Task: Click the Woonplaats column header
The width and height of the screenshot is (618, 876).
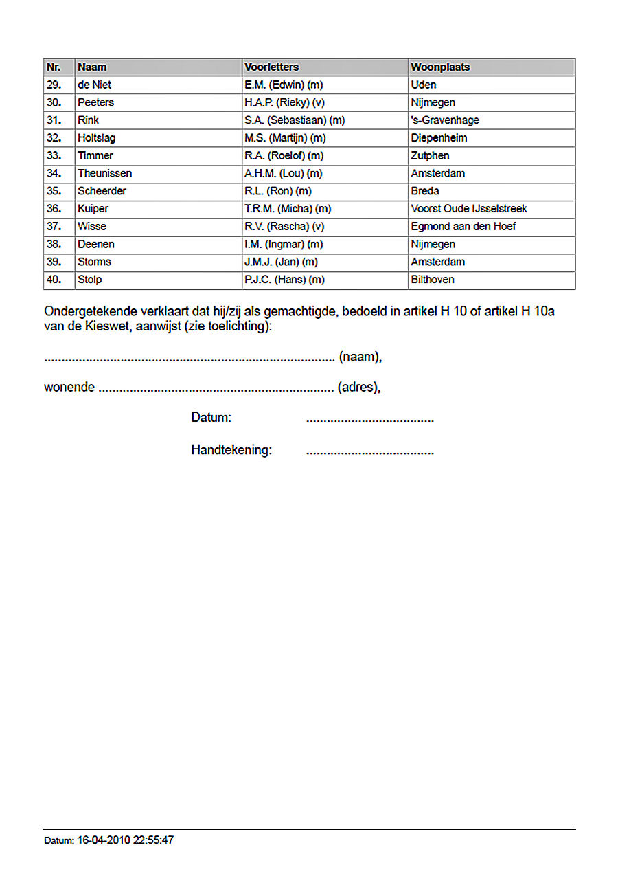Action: pos(440,67)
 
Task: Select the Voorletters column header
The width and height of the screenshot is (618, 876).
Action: pos(272,67)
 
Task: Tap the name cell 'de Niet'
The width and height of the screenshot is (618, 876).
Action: pos(95,85)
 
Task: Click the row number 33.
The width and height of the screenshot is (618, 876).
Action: pos(54,156)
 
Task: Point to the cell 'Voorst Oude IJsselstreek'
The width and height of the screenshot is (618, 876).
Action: pos(469,209)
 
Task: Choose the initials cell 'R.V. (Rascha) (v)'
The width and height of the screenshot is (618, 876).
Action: pos(284,227)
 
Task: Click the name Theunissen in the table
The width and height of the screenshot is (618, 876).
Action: pos(104,174)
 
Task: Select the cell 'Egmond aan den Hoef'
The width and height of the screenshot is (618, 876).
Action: pos(463,227)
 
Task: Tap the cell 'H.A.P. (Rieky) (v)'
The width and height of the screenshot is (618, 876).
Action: pos(284,103)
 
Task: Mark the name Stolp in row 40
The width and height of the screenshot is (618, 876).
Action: pos(90,280)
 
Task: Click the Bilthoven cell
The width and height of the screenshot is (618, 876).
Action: pos(433,280)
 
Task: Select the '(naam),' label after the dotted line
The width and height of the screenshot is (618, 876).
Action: pos(360,357)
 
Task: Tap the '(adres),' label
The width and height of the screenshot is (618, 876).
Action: pos(358,388)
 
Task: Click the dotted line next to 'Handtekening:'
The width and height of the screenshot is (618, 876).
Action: pos(369,452)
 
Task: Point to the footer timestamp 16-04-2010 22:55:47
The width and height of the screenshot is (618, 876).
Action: pos(126,840)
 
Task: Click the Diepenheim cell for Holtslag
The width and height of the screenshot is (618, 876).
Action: pos(439,138)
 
